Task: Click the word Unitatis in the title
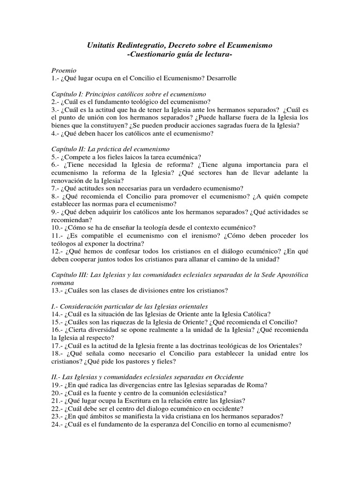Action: click(101, 45)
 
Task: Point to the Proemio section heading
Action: click(64, 69)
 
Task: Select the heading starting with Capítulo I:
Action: click(129, 94)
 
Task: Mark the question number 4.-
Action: click(57, 133)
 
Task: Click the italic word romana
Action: click(63, 283)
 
